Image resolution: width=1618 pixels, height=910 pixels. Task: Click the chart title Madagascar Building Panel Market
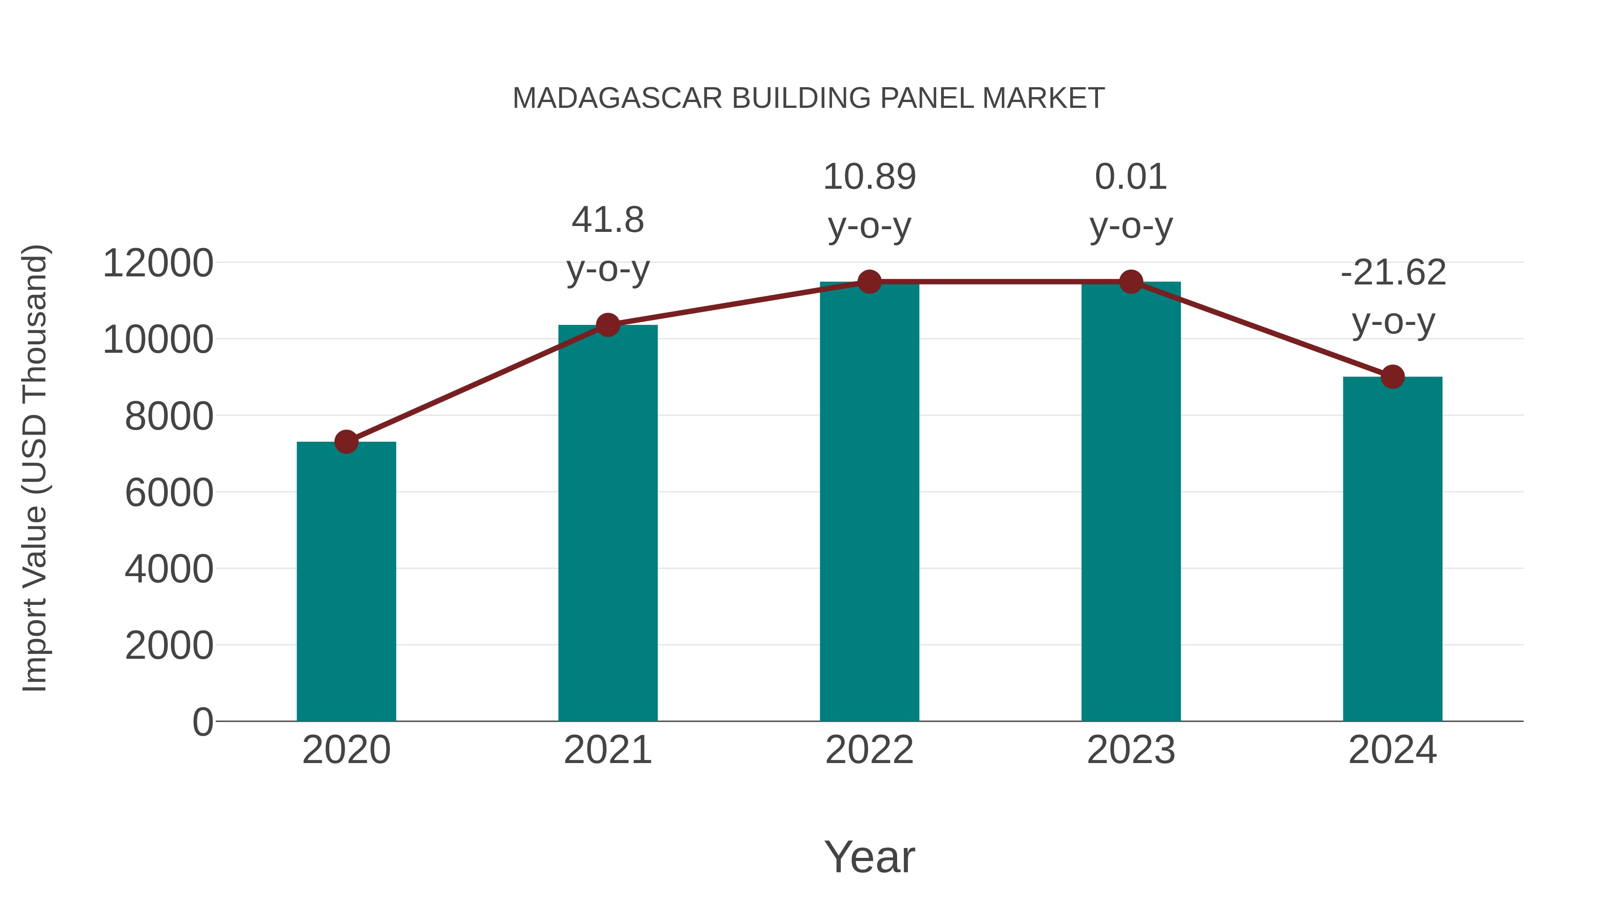(x=809, y=98)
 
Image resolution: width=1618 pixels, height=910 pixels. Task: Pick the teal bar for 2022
(x=869, y=502)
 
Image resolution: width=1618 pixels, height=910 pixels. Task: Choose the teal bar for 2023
(x=1131, y=502)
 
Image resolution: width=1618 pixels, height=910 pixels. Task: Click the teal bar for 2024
(x=1392, y=550)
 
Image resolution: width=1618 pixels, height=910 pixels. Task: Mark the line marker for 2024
(x=1392, y=377)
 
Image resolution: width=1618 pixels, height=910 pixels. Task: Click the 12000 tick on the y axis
(x=158, y=263)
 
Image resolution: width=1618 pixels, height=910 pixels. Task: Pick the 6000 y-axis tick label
(x=169, y=493)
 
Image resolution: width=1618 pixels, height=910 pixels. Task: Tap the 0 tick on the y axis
(x=202, y=722)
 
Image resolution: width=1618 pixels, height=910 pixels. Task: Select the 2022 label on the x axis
(x=869, y=750)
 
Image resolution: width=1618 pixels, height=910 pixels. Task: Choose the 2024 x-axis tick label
(x=1392, y=750)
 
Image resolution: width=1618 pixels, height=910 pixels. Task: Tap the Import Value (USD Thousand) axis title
(x=35, y=468)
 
